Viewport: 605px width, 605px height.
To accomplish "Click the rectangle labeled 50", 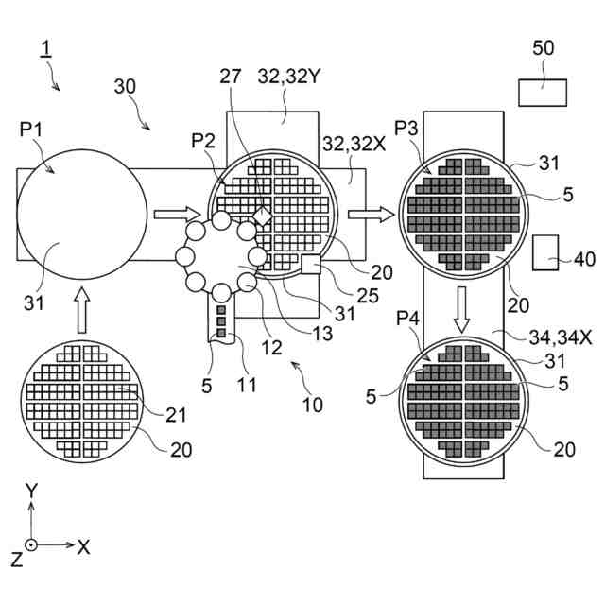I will (x=543, y=92).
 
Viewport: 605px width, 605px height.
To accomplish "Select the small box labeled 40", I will (x=545, y=252).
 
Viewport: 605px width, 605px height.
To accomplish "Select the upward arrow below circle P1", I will (x=81, y=310).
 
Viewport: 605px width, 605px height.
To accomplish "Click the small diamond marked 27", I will (x=262, y=216).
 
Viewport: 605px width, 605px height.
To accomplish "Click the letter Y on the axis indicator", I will (x=31, y=491).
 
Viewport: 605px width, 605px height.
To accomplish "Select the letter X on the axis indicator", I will (x=83, y=546).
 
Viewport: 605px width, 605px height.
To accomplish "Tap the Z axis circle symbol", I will (x=31, y=545).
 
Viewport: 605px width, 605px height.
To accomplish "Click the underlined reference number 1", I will (x=44, y=48).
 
